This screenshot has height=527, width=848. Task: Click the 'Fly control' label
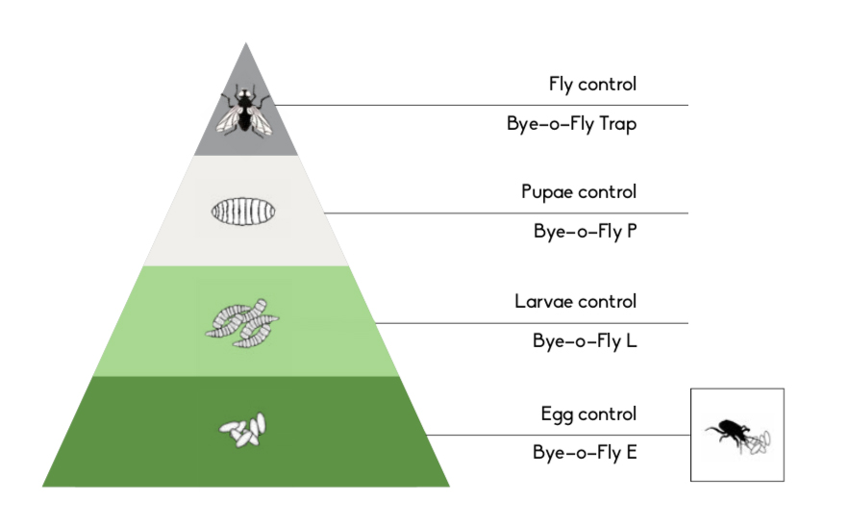tap(592, 85)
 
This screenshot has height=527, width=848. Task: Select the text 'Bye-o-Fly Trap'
tap(572, 124)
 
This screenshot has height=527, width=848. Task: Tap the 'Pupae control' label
tap(579, 192)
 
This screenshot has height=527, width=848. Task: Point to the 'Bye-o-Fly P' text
tap(586, 232)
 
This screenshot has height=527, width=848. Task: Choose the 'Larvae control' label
tap(575, 301)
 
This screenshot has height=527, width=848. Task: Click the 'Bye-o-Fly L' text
tap(585, 340)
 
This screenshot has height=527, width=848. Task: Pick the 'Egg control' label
tap(588, 414)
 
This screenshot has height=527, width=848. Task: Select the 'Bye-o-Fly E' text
tap(585, 452)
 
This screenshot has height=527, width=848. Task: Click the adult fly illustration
tap(244, 110)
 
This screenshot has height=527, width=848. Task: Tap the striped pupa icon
tap(243, 212)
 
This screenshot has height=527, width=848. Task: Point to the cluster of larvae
tap(241, 323)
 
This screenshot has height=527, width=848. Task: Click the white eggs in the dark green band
tap(243, 430)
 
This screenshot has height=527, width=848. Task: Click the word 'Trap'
tap(617, 124)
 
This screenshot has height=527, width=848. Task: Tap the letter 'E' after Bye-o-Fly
tap(632, 451)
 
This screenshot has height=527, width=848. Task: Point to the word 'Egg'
tap(556, 414)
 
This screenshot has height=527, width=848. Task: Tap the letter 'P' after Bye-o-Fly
tap(632, 231)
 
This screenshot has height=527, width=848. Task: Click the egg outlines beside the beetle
tap(758, 442)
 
